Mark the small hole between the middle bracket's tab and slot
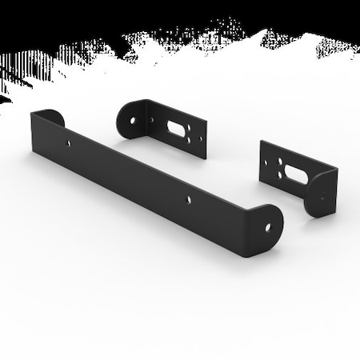[x=153, y=120]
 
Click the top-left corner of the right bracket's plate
[x=262, y=142]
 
